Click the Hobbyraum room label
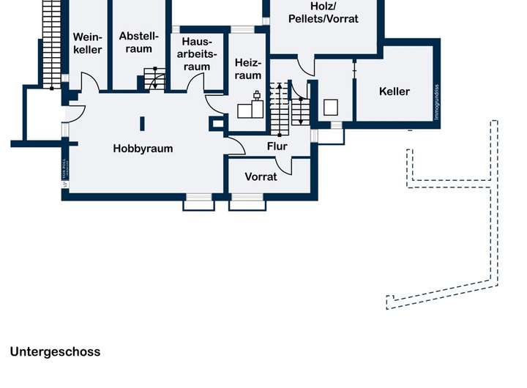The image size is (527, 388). pos(143,149)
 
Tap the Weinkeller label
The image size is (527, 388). pos(88,43)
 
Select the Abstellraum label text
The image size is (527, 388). pos(138,42)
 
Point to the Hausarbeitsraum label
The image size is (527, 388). pos(197,54)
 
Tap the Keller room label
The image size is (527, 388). pos(395,92)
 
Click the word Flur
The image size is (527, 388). pos(277,146)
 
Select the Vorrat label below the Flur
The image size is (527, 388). pos(261,176)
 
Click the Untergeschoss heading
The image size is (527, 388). pos(55,352)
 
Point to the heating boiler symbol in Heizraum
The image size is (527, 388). pos(253,106)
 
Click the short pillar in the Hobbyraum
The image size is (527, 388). pos(143,124)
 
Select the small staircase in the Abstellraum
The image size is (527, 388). pos(154,78)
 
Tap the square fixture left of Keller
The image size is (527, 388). pos(332,107)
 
